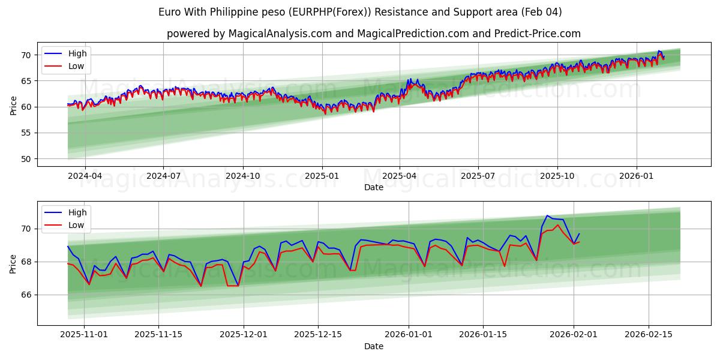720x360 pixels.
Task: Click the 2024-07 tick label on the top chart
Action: [164, 176]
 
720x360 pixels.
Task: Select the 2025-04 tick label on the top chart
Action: [400, 176]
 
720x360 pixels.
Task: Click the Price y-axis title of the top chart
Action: [14, 105]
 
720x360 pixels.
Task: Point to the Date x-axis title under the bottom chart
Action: [373, 346]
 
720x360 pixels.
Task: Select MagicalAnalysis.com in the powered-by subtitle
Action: [280, 34]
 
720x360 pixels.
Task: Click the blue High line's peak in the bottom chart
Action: [547, 215]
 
